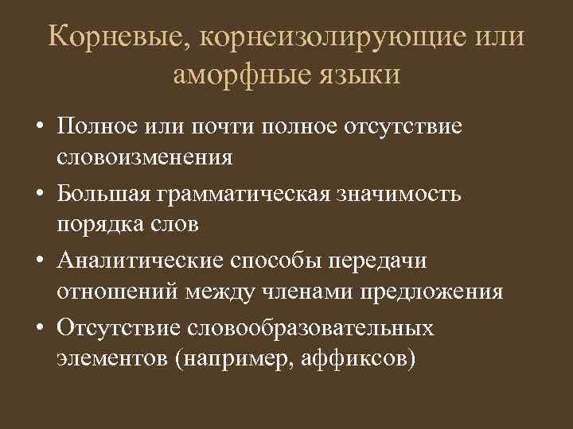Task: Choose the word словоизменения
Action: tap(144, 157)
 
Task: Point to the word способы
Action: tap(271, 261)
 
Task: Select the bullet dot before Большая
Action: tap(38, 195)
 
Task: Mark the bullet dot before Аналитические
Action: tap(38, 262)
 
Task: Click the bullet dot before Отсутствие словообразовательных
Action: tap(38, 329)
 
